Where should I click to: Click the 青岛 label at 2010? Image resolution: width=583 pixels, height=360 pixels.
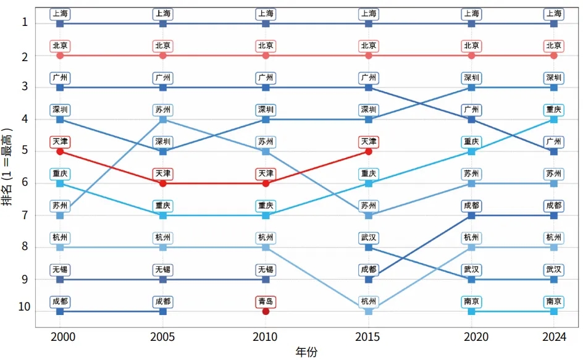point(266,302)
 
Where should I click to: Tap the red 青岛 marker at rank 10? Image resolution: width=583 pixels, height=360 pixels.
point(266,311)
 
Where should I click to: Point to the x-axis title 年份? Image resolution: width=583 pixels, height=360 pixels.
point(306,352)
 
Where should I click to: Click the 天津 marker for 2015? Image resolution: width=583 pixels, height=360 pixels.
point(369,151)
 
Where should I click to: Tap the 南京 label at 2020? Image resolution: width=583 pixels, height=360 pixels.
point(472,302)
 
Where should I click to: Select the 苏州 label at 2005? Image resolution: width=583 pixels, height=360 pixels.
point(163,110)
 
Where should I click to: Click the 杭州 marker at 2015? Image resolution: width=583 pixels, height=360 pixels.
point(369,311)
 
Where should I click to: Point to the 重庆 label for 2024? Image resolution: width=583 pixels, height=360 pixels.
point(554,110)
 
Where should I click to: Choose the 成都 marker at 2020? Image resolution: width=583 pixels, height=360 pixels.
point(472,216)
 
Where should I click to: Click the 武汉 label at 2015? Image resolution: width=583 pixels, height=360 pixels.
point(369,238)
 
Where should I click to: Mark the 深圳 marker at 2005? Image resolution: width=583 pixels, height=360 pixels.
point(163,151)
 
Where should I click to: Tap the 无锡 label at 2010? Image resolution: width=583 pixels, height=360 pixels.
point(266,270)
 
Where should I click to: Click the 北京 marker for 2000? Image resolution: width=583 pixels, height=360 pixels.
point(60,56)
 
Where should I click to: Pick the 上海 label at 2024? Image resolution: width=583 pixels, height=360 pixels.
point(554,14)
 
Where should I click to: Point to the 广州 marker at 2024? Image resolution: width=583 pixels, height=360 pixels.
point(554,151)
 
